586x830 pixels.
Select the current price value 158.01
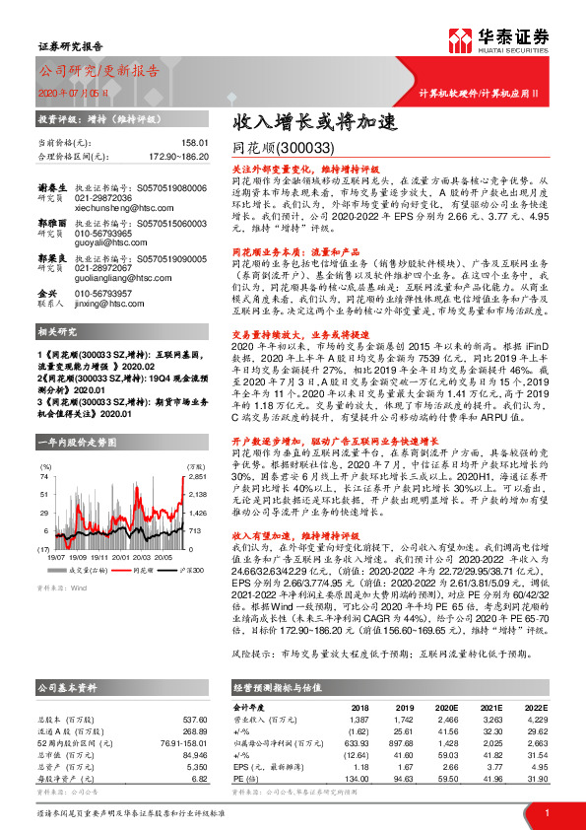point(193,144)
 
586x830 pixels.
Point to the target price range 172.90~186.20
point(175,156)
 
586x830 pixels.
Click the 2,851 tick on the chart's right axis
point(197,476)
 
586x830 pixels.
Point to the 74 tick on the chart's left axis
point(45,476)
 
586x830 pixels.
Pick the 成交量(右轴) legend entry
point(87,570)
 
